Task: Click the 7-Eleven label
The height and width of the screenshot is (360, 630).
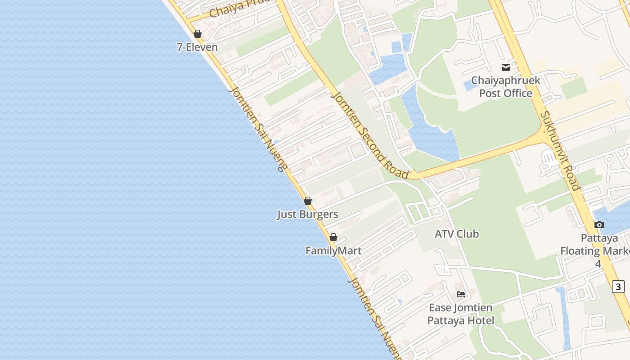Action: (197, 47)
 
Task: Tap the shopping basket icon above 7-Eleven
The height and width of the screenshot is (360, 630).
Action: (197, 34)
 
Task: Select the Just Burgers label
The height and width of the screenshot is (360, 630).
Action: (307, 214)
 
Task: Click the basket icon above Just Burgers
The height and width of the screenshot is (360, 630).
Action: (308, 201)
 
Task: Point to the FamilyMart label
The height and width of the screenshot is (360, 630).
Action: (333, 251)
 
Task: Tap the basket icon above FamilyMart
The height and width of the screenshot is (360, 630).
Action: (333, 237)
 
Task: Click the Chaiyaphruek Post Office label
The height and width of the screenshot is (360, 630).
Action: (506, 87)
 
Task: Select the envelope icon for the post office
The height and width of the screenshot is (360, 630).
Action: (506, 67)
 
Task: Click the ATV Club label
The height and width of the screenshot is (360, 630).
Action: (457, 234)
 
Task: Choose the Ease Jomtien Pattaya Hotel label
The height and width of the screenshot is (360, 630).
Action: (461, 314)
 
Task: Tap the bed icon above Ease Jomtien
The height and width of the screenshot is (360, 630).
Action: (461, 294)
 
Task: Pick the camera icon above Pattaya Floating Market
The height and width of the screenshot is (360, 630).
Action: (599, 225)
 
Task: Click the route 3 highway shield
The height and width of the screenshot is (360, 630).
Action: (618, 286)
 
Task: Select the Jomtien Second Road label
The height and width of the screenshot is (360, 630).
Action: (370, 135)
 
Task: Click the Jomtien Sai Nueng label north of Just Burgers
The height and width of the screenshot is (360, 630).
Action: (257, 129)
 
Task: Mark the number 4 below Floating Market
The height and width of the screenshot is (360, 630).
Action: (598, 264)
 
